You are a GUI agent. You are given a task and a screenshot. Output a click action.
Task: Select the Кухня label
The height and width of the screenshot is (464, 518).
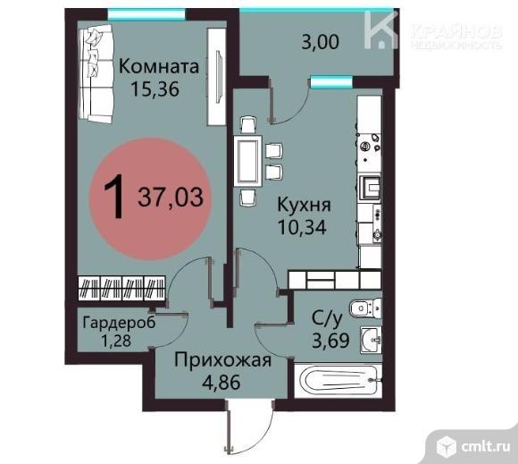298,204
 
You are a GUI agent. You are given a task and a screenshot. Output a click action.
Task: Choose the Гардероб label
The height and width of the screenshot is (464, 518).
118,322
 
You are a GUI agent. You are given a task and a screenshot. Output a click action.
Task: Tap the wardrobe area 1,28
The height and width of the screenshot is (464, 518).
116,340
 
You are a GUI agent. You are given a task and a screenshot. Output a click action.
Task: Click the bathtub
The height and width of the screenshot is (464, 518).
338,382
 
